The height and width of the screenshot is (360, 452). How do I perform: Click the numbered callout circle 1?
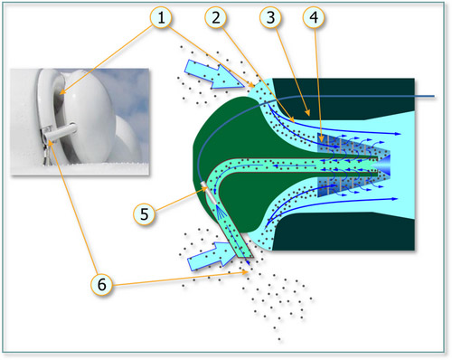(x=161, y=18)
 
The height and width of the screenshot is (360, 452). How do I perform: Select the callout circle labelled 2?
(x=216, y=18)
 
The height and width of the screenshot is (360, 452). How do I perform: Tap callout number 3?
(x=270, y=18)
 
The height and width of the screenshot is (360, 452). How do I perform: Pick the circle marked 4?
(x=314, y=18)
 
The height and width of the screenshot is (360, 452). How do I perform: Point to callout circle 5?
(x=145, y=214)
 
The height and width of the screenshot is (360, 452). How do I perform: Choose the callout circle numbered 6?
(x=102, y=284)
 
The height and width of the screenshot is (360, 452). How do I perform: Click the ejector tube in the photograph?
(x=61, y=133)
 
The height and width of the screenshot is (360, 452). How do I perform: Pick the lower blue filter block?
(x=353, y=186)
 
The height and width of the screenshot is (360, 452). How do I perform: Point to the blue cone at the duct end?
(x=381, y=166)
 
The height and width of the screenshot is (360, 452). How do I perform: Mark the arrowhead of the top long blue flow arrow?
(x=399, y=134)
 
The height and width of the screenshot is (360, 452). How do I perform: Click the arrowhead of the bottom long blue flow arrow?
(x=395, y=199)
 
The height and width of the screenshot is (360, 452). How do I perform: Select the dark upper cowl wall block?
(x=344, y=99)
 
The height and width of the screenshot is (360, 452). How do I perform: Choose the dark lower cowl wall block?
(x=344, y=232)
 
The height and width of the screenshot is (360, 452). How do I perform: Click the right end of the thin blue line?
(x=434, y=97)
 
